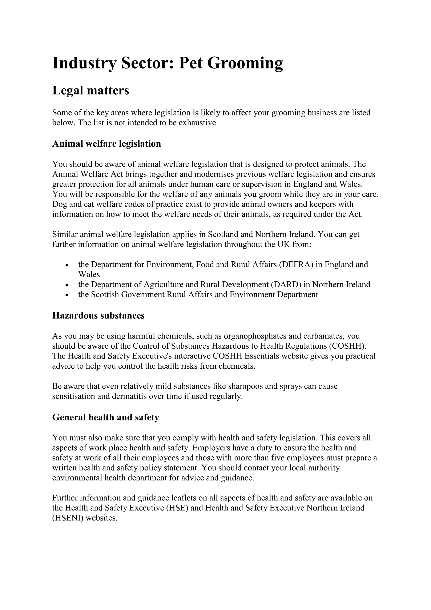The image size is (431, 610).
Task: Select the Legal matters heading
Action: point(90,90)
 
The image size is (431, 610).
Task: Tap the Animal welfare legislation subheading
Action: point(106,144)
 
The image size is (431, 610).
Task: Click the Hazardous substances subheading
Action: point(98,315)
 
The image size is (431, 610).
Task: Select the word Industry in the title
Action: point(84,63)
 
